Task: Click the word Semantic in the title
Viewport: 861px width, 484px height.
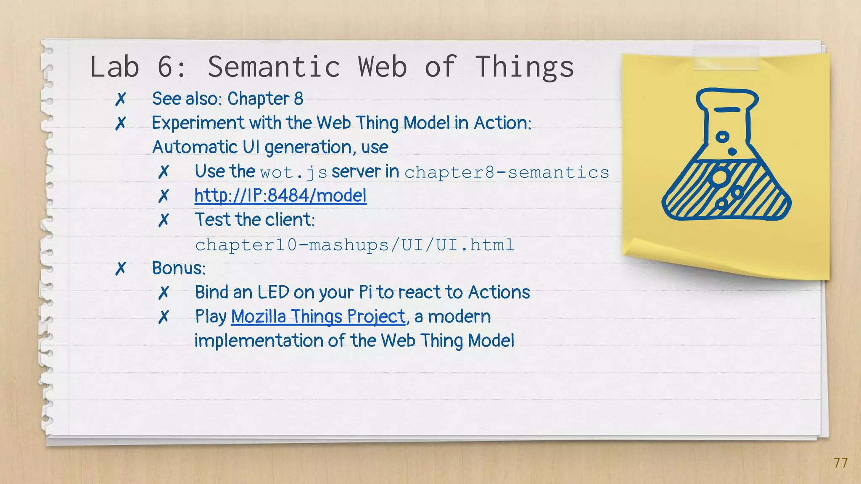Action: tap(274, 67)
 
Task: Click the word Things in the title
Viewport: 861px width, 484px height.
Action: tap(524, 67)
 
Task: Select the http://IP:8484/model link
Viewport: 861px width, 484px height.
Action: tap(280, 196)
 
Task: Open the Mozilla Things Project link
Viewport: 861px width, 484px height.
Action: tap(318, 316)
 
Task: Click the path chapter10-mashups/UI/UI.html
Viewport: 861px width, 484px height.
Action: tap(354, 245)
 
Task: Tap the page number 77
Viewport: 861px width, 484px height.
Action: tap(841, 463)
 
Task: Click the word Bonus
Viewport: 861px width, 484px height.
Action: tap(179, 268)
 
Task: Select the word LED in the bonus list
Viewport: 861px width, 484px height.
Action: tap(273, 292)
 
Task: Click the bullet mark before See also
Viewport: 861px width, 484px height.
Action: tap(121, 99)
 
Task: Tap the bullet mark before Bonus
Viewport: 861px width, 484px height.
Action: tap(121, 268)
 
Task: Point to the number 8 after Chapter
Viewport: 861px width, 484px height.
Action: tap(298, 99)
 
